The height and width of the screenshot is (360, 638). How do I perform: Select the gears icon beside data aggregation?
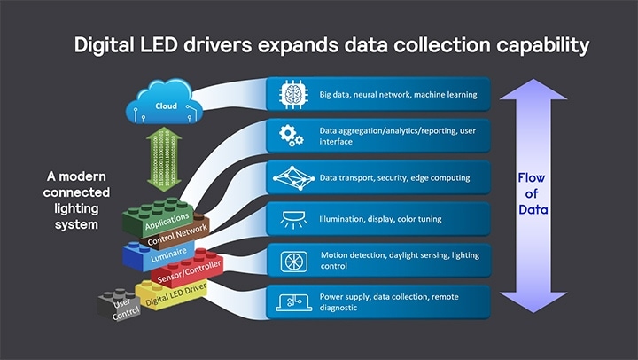point(293,135)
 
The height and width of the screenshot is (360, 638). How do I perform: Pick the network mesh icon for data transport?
point(293,177)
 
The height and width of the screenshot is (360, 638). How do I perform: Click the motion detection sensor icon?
point(293,262)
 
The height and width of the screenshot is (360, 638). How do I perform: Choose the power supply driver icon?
point(293,303)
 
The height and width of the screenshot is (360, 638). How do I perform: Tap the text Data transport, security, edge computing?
point(394,177)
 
